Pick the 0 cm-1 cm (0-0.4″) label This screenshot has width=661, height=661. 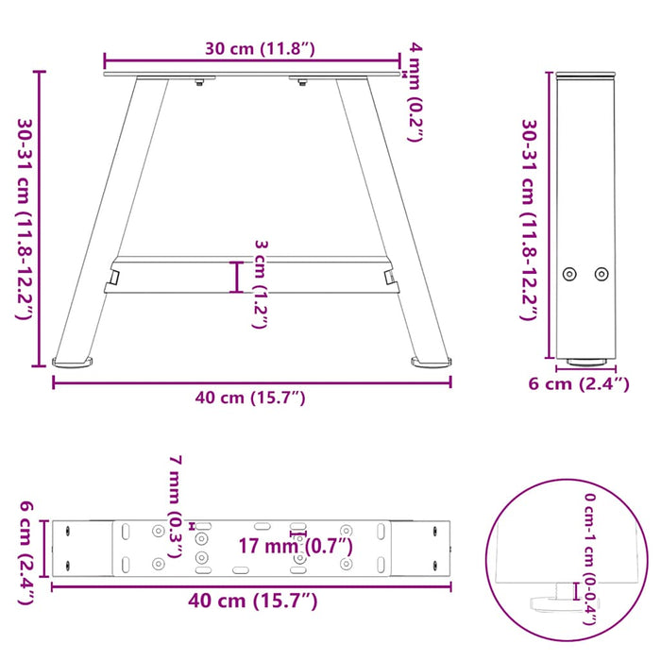590,557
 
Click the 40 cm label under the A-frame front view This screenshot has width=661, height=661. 250,398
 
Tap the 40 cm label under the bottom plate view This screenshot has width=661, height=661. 250,601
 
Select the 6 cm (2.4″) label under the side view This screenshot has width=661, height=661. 578,383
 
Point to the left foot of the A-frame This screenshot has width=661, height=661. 74,361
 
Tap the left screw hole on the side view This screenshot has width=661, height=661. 568,274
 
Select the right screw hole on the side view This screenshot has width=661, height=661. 602,274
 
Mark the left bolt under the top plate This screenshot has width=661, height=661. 198,85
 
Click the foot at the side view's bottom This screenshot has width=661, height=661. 585,360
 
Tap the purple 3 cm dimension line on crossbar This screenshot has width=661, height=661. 238,277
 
